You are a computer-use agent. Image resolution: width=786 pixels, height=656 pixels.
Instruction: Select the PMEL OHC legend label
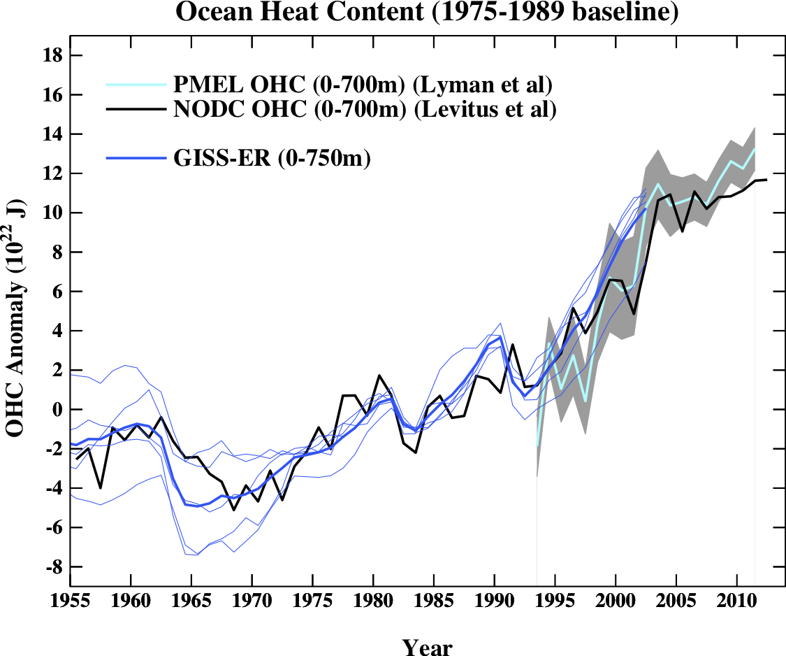[363, 85]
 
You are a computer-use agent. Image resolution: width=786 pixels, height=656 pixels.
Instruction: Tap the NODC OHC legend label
[365, 109]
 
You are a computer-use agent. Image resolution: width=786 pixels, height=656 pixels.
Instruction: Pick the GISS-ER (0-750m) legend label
[272, 159]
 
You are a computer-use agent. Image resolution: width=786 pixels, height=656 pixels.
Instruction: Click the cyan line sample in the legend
[136, 85]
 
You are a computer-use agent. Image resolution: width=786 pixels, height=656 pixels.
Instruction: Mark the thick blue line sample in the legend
[136, 159]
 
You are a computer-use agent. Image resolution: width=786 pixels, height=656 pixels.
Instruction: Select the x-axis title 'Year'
[427, 646]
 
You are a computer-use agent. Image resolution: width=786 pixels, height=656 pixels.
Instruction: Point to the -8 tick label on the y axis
[54, 566]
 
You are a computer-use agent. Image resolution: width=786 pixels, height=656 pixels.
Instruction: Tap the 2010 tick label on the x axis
[736, 602]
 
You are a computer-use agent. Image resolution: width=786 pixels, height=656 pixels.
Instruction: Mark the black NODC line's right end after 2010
[766, 180]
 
